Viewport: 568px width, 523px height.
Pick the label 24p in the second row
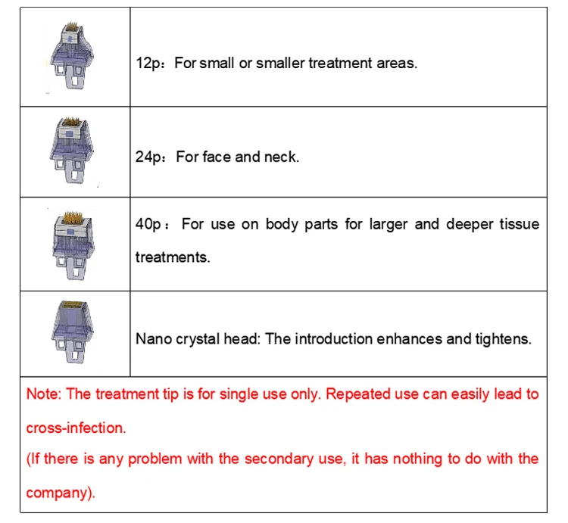click(146, 157)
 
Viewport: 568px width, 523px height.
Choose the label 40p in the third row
click(146, 225)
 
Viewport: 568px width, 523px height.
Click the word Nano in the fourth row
click(152, 338)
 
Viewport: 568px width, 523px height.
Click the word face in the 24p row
click(219, 157)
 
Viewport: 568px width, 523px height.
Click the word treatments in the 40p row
click(172, 257)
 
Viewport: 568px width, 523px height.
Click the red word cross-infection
click(76, 428)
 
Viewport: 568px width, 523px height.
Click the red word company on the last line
click(58, 493)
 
